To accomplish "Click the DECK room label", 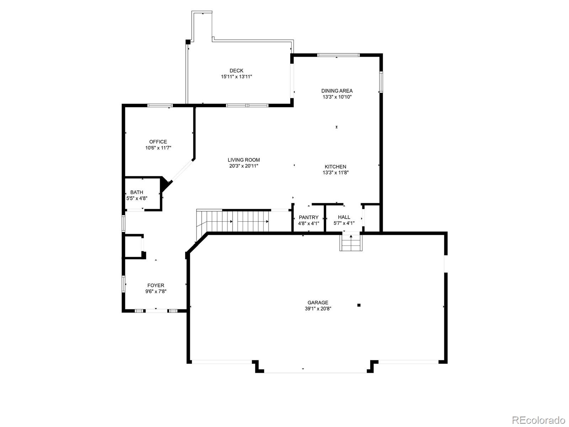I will click(x=236, y=71).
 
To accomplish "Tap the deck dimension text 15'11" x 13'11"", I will click(x=236, y=77).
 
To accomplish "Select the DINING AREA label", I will click(x=337, y=91).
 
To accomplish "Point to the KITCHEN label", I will click(x=335, y=167).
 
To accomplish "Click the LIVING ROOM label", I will click(x=244, y=160).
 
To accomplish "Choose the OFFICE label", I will click(x=158, y=142).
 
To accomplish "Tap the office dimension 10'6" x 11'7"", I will click(x=158, y=148).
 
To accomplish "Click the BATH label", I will click(x=137, y=192).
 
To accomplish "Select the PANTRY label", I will click(x=308, y=217).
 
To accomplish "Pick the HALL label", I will click(x=344, y=217).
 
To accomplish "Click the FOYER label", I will click(x=156, y=285).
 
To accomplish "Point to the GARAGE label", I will click(x=318, y=302).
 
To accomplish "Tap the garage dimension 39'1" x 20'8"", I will click(x=318, y=309).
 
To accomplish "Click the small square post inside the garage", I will click(x=359, y=305).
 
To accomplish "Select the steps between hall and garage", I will click(x=351, y=243).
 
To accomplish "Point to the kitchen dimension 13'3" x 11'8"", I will click(x=335, y=173).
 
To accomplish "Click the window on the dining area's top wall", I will click(x=338, y=55).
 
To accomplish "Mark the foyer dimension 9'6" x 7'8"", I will click(x=156, y=291).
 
